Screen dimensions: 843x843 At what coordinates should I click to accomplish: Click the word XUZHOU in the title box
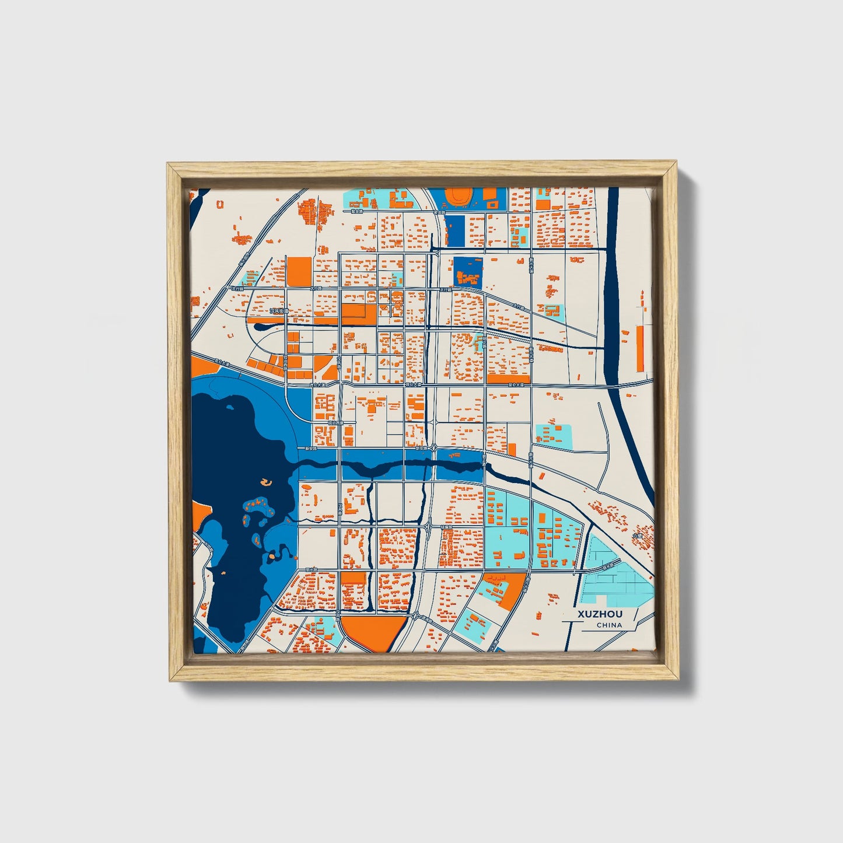pyautogui.click(x=600, y=614)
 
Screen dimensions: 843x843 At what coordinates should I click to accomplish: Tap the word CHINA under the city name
pyautogui.click(x=609, y=625)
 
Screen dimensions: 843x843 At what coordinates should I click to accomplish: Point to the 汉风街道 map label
pyautogui.click(x=279, y=312)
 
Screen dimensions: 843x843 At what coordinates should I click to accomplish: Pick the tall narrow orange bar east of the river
pyautogui.click(x=640, y=348)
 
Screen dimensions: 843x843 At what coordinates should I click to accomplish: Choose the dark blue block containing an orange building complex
pyautogui.click(x=468, y=272)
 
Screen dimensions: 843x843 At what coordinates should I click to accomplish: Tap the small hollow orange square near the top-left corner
pyautogui.click(x=220, y=204)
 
